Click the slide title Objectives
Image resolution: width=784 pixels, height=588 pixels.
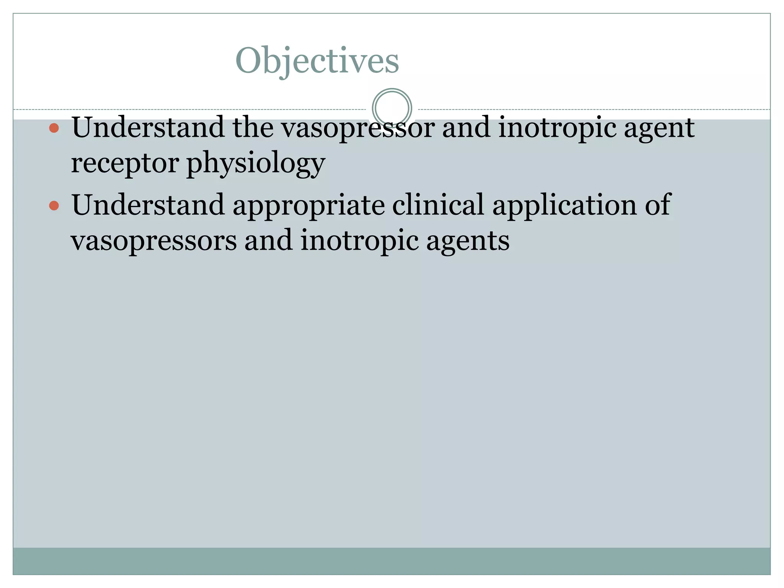coord(317,60)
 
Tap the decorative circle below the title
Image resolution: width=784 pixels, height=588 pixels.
coord(392,108)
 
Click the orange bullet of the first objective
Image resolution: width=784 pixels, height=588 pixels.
coord(54,128)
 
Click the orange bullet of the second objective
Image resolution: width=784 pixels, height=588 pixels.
coord(54,206)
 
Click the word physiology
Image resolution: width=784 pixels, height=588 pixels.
coord(256,164)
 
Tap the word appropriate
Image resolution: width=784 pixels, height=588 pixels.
coord(308,206)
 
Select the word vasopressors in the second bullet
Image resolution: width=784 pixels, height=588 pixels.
coord(154,241)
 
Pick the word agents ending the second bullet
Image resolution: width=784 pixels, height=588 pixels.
coord(467,241)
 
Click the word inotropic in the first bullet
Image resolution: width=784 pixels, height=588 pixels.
coord(557,128)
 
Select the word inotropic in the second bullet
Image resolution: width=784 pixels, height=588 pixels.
coord(359,241)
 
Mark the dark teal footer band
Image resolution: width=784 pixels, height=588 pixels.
coord(392,561)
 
